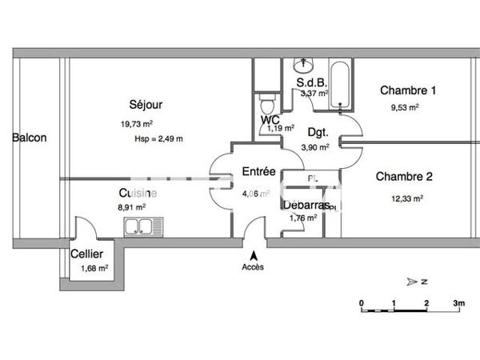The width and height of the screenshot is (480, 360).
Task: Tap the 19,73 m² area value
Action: (136, 124)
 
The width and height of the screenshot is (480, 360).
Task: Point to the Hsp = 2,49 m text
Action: (159, 138)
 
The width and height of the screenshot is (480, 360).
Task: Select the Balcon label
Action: (29, 138)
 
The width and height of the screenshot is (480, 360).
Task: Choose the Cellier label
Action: (86, 254)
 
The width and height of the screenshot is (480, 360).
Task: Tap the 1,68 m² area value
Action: (94, 268)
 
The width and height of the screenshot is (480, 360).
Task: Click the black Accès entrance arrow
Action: (254, 254)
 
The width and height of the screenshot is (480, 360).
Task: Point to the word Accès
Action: (253, 267)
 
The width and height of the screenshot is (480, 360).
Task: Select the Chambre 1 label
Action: (408, 90)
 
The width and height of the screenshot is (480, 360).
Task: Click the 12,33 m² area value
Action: (407, 198)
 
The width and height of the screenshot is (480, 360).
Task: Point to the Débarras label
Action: (305, 205)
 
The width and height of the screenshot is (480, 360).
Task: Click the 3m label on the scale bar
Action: (458, 303)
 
